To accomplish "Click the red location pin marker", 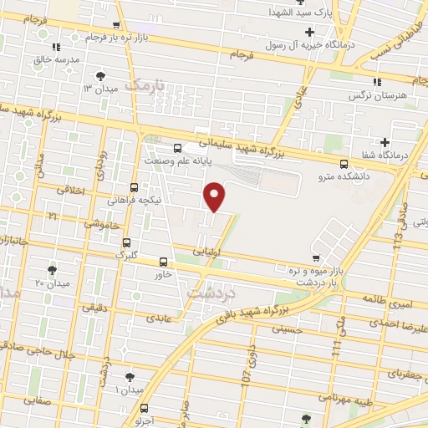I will pos(215,196).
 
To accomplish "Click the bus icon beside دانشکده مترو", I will pos(345,164).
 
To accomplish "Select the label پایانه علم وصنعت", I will pos(212,160).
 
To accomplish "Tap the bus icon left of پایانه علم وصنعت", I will pos(176,149).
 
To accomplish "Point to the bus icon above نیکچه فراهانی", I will pos(135,188).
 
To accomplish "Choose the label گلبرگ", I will pos(125,253).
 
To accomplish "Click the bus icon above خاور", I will pos(162,260).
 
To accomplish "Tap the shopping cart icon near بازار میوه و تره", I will pos(315,258).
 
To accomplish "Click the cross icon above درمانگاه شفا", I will pos(385,141).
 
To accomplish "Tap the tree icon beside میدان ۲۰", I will pos(52,270).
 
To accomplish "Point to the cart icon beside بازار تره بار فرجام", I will pos(117,26).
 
